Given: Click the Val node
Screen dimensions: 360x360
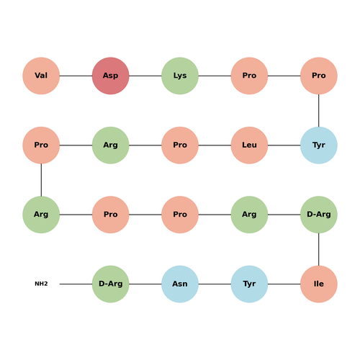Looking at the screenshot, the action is coord(41,76).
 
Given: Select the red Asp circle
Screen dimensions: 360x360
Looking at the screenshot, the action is coord(111,76).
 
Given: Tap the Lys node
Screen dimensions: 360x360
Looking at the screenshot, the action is coord(180,76).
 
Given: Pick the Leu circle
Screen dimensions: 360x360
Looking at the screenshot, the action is coord(249,145).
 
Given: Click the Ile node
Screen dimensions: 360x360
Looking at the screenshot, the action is coord(319,284).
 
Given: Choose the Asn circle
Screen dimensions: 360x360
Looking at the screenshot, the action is coord(180,284).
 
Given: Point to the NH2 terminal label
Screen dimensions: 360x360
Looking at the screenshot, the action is coord(41,284).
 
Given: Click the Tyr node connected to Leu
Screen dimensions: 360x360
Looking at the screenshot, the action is coord(319,145).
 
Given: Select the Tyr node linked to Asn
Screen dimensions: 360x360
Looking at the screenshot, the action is coord(249,284).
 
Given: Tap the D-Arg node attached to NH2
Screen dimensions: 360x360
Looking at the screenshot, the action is coord(111,284).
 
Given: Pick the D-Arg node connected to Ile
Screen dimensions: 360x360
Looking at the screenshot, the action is coord(319,215).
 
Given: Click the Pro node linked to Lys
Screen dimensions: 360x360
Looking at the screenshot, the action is coord(249,76).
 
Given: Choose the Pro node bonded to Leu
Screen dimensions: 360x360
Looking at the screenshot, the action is coord(180,145).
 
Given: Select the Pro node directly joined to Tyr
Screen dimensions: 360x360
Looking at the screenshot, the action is coord(319,76).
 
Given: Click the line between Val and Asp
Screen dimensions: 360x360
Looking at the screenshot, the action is coord(76,76).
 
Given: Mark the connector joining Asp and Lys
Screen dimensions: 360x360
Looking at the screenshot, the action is coord(145,76).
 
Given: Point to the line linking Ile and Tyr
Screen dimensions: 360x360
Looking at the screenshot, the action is coord(284,284).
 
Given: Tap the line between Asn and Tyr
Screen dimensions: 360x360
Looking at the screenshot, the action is coord(215,284).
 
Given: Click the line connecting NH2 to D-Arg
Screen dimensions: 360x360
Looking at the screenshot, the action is coord(76,284).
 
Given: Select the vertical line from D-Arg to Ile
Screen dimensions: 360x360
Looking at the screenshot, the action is coord(319,249).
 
